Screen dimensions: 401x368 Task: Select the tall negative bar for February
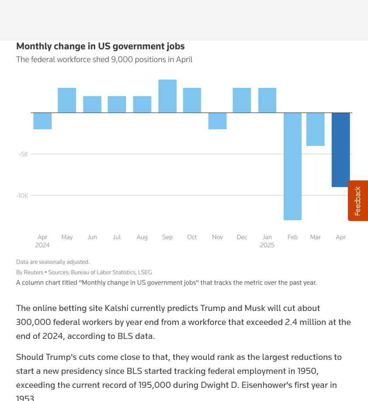click(x=292, y=166)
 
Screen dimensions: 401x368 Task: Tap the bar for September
click(x=167, y=96)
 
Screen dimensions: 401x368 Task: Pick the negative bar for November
click(x=217, y=121)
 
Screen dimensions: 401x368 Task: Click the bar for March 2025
click(x=316, y=129)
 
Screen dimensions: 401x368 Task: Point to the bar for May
click(x=67, y=100)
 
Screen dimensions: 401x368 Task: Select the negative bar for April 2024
click(x=42, y=121)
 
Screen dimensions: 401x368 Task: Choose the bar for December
click(x=242, y=100)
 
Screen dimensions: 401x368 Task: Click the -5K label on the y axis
click(x=23, y=154)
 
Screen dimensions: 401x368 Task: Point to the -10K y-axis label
click(x=22, y=196)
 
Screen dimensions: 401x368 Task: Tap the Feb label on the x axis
click(x=292, y=237)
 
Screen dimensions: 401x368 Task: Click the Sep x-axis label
click(x=167, y=237)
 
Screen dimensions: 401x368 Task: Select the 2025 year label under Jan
click(x=267, y=245)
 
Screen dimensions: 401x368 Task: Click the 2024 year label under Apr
click(x=42, y=245)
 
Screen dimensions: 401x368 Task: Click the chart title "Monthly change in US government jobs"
click(x=100, y=46)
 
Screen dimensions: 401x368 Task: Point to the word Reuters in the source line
click(x=33, y=273)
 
